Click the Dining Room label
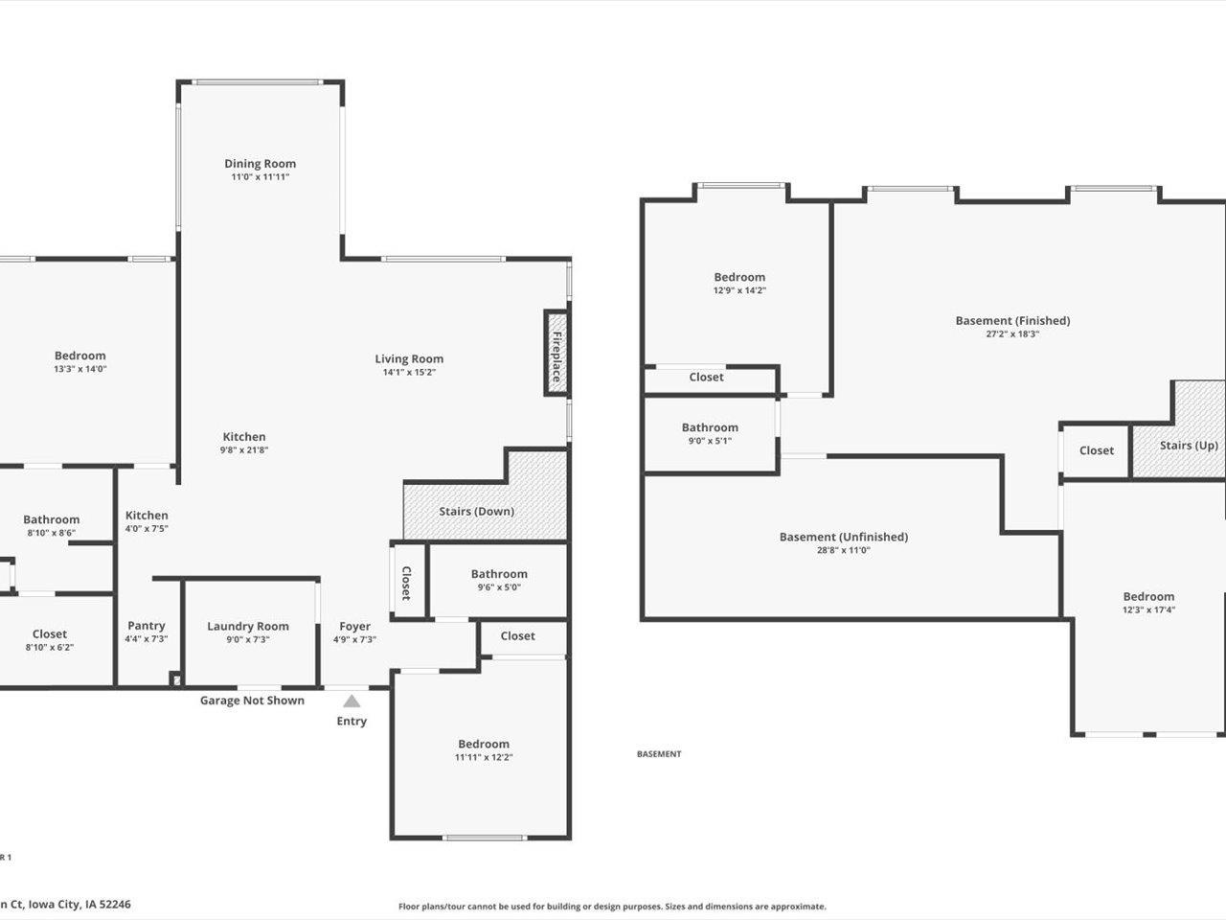[260, 164]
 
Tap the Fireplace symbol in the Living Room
[556, 352]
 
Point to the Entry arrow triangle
[352, 701]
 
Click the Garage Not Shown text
[252, 701]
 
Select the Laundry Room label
[247, 627]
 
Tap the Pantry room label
[147, 626]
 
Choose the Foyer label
[354, 627]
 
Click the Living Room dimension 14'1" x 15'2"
[409, 373]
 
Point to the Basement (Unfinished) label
[843, 537]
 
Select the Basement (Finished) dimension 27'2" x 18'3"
[1012, 334]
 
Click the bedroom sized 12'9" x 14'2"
[739, 284]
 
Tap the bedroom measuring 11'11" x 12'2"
[484, 750]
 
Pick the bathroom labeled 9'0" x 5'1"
[710, 434]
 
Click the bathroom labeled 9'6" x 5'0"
[499, 581]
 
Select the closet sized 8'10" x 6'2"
[50, 640]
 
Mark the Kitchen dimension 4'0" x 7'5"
[147, 528]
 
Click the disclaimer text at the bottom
[612, 907]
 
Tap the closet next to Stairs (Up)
[1097, 450]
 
